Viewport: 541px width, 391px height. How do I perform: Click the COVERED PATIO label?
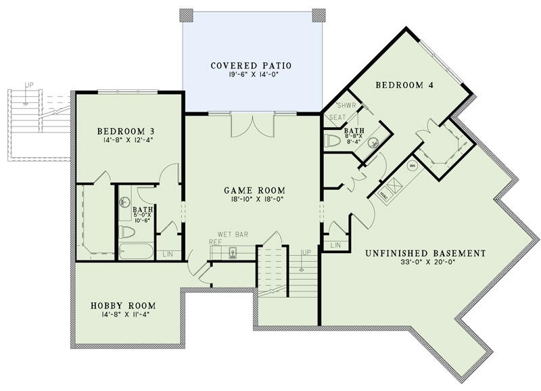click(251, 66)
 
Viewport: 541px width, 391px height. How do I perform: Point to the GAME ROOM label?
click(254, 190)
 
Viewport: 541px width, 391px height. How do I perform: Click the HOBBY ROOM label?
click(124, 306)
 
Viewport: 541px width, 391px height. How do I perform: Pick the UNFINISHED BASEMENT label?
click(425, 254)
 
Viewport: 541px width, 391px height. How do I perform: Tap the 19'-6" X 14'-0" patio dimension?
click(251, 76)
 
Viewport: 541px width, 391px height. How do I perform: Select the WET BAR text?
click(233, 234)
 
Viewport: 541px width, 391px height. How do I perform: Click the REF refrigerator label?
click(215, 241)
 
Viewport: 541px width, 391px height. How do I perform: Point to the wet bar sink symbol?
click(232, 253)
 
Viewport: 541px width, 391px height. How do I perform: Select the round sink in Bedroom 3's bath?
click(124, 202)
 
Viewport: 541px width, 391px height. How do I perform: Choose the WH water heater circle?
click(411, 164)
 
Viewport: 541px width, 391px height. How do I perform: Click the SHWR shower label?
click(346, 106)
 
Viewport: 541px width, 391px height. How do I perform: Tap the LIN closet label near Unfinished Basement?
click(334, 245)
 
